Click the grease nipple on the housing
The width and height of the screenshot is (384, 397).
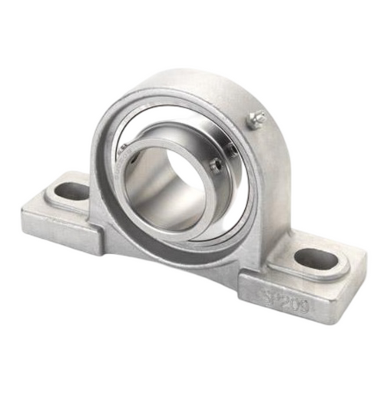point(257,118)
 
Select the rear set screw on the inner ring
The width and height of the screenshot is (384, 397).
point(231,146)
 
